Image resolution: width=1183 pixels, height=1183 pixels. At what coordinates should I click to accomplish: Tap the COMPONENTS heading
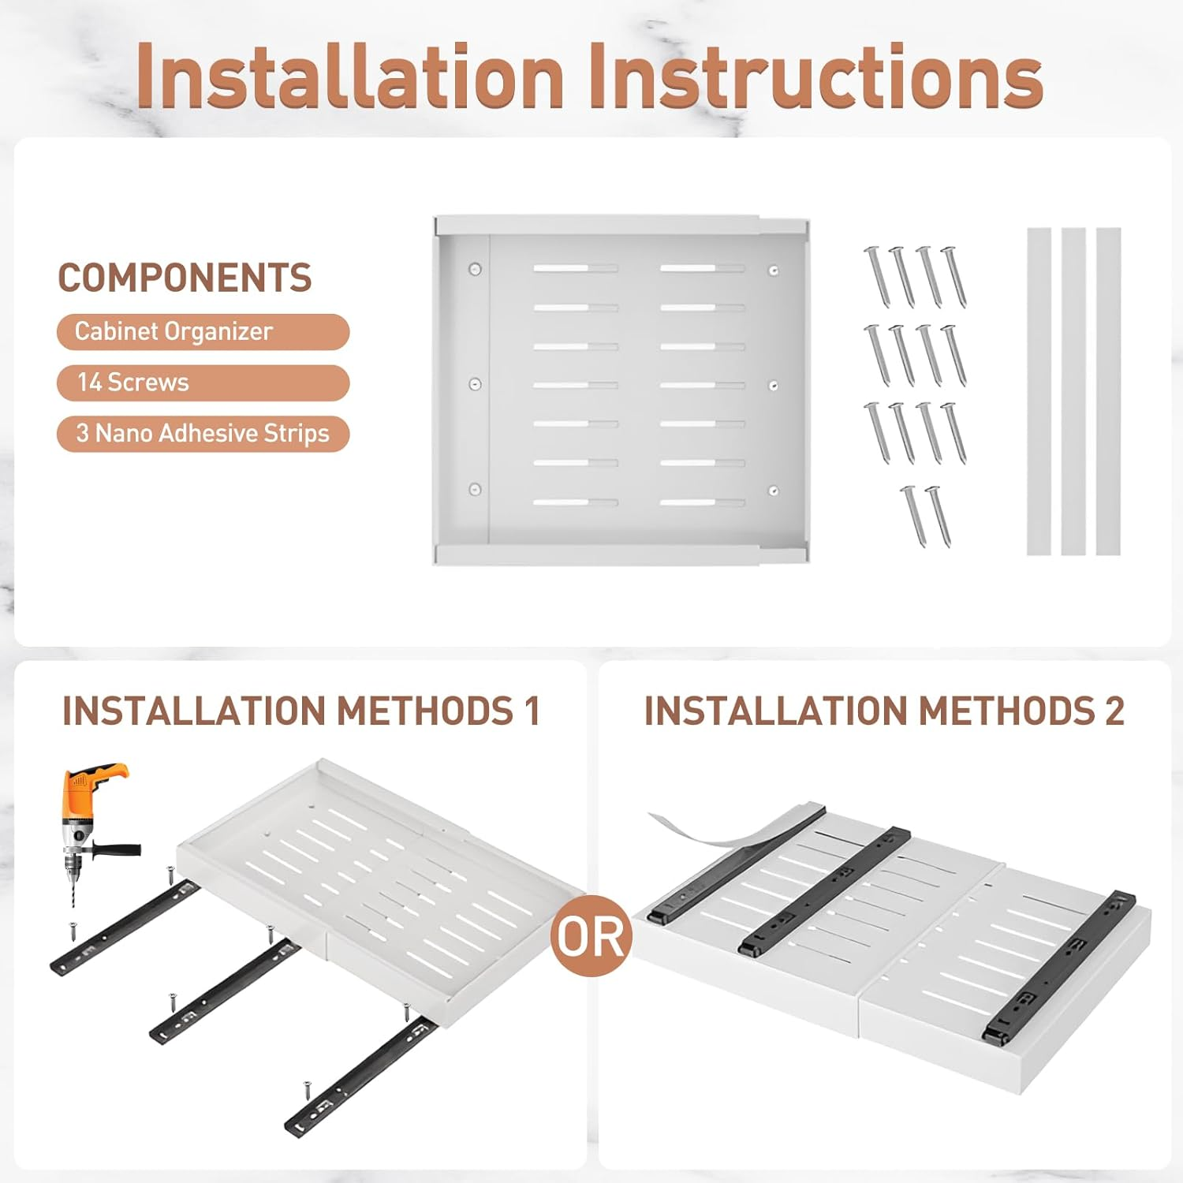pos(185,278)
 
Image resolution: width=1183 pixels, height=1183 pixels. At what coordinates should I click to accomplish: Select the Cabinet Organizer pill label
pos(203,331)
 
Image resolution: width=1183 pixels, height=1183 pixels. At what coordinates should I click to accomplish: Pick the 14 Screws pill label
pos(203,383)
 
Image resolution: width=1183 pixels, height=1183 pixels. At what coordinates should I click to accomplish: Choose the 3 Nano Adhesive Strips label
pos(203,434)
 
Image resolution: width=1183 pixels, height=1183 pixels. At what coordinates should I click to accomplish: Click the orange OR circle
pos(591,936)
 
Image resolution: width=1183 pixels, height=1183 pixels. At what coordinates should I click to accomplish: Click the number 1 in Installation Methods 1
pos(532,711)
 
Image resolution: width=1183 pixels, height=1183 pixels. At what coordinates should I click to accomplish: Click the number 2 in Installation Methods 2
pos(1114,711)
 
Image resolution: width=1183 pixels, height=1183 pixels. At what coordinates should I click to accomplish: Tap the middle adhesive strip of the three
pos(1073,391)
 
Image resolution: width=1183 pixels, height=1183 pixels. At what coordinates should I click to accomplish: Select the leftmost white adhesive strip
pos(1039,391)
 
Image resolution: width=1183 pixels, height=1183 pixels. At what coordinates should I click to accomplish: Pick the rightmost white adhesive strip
pos(1108,391)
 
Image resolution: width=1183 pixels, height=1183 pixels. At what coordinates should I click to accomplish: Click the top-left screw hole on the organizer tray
pos(475,269)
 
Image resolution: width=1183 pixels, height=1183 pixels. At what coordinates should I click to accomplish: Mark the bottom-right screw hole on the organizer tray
pos(773,491)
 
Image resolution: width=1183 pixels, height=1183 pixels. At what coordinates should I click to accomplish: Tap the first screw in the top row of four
pos(877,277)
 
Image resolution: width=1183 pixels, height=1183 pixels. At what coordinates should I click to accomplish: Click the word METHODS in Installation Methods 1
pos(426,711)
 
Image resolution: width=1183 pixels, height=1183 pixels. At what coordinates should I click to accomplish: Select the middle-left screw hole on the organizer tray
pos(475,384)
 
